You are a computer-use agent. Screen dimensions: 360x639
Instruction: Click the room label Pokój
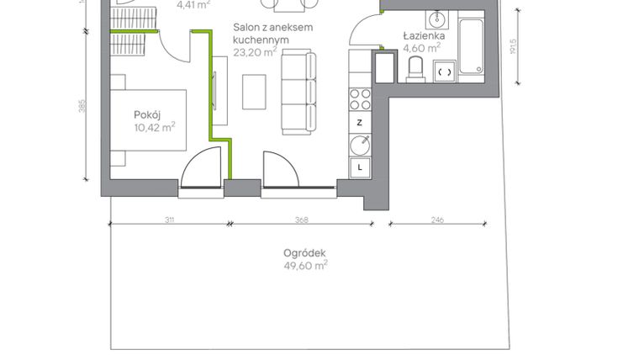pos(148,114)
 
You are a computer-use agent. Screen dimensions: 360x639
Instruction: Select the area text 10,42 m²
pos(154,128)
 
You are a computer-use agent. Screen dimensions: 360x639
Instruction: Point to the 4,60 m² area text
pos(422,49)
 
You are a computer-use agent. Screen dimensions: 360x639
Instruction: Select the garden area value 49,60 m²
pos(305,266)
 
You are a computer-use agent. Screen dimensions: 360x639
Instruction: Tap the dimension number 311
pos(169,220)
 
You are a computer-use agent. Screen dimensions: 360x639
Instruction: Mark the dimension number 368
pos(302,220)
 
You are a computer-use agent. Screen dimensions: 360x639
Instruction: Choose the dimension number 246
pos(437,220)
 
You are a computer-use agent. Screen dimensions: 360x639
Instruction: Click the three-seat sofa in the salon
pos(298,92)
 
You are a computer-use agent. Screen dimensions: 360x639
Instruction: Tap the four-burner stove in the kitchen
pos(360,99)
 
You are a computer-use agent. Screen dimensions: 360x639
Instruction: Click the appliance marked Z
pos(360,123)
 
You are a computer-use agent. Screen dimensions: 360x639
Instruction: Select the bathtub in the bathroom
pos(471,47)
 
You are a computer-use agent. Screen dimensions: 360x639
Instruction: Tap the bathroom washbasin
pos(436,19)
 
